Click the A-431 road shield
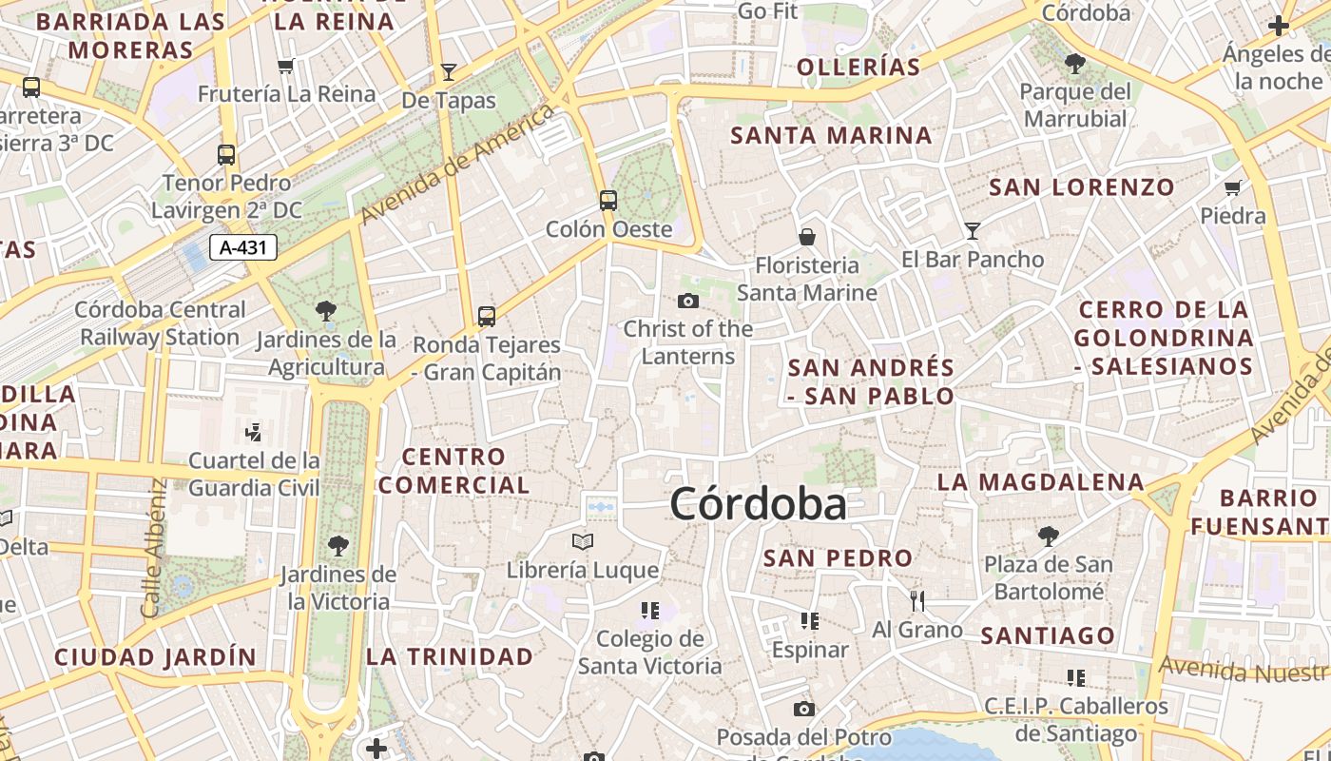[242, 248]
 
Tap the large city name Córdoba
[758, 504]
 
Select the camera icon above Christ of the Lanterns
[688, 301]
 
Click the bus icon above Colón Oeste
[608, 201]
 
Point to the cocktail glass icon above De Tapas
[449, 71]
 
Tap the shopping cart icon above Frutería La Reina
[285, 66]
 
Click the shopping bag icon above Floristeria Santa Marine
[807, 236]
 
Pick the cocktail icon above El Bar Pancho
[972, 230]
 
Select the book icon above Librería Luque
[583, 541]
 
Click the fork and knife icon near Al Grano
[917, 600]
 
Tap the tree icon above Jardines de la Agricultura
[326, 310]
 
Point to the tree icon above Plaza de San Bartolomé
[1048, 537]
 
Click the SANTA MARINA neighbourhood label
[831, 136]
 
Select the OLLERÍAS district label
[858, 67]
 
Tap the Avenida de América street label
[457, 166]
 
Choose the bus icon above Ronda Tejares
[487, 316]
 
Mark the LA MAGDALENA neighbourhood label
[1040, 482]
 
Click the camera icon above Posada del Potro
[804, 709]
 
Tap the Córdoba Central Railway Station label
[160, 323]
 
